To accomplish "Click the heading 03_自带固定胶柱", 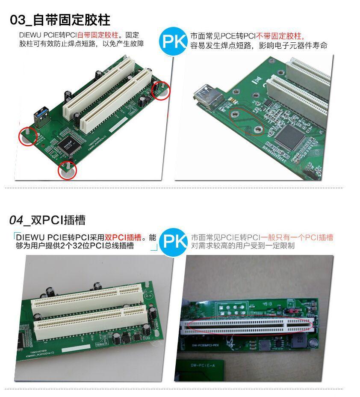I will [x=60, y=20].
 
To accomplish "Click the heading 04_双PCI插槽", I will [x=47, y=220].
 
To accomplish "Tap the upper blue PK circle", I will [x=173, y=41].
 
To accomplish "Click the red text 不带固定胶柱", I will [x=280, y=36].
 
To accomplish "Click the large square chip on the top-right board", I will [x=292, y=137].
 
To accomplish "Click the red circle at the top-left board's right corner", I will [x=161, y=91].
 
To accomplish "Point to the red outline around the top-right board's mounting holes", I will [x=246, y=121].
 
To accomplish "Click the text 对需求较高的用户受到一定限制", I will [x=242, y=246].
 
